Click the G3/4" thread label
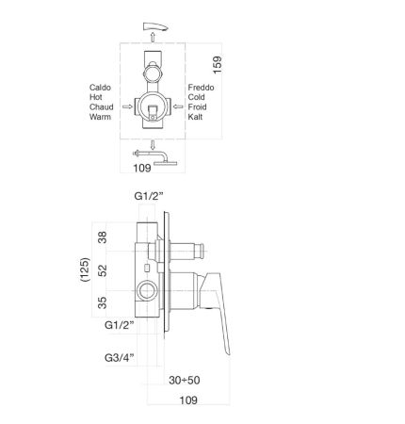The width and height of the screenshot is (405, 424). coord(120,357)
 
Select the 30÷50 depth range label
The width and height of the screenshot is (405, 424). coord(183,380)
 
